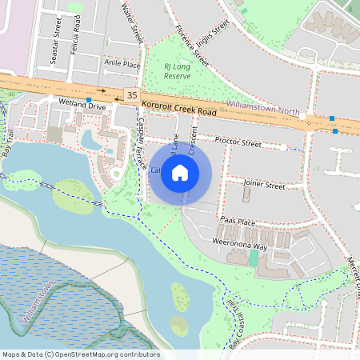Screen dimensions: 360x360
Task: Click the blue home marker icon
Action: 180,173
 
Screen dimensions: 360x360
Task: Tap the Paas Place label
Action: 237,221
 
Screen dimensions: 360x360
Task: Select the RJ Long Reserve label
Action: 178,71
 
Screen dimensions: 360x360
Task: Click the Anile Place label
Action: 122,64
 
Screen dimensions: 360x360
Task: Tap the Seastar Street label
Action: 57,39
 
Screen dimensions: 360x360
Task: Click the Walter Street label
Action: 131,22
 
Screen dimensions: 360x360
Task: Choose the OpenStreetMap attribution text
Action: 81,354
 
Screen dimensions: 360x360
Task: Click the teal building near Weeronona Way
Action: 254,258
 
